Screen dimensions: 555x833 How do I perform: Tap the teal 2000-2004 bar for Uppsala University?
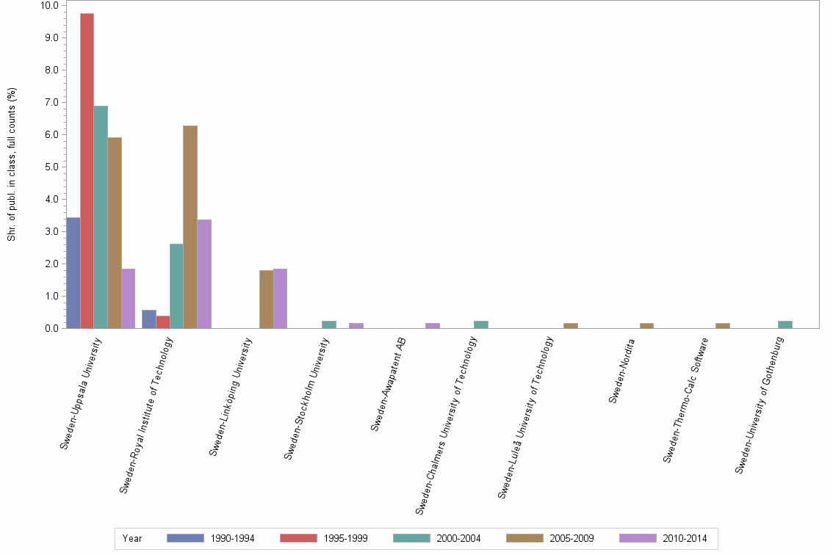[x=101, y=217]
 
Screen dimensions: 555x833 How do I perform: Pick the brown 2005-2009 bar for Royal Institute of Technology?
[x=190, y=227]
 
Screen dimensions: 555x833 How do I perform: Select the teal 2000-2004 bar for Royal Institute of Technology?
[x=176, y=286]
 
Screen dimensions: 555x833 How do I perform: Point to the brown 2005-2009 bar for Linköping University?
[x=266, y=300]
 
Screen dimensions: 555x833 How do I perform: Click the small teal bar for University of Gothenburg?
[x=785, y=324]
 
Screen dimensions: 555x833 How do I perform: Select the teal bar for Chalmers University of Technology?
[x=481, y=324]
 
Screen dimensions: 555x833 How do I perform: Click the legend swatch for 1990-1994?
[x=185, y=538]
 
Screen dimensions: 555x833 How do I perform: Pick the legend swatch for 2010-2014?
[x=638, y=538]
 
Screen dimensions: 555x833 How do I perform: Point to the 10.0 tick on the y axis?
[x=50, y=5]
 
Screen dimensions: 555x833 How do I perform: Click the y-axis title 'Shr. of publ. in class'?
[x=12, y=164]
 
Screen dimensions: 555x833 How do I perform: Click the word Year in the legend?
[x=132, y=539]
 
